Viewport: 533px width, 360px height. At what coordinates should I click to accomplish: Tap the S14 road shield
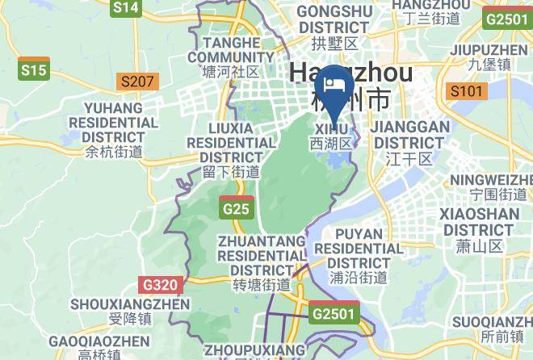click(126, 8)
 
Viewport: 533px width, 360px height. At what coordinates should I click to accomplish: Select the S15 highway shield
click(34, 70)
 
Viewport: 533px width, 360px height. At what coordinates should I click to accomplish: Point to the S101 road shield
click(467, 90)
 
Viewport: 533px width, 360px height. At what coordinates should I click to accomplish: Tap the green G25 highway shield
click(236, 209)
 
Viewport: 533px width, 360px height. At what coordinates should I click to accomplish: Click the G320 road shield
click(161, 284)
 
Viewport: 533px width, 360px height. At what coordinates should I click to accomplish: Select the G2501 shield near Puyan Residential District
click(334, 312)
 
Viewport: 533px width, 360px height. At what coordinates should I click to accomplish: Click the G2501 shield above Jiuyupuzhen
click(507, 19)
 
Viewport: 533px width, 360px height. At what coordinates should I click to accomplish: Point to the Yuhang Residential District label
click(113, 129)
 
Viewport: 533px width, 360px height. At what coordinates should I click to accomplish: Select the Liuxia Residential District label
click(231, 149)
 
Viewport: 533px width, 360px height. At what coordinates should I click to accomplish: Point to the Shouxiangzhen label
click(129, 311)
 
